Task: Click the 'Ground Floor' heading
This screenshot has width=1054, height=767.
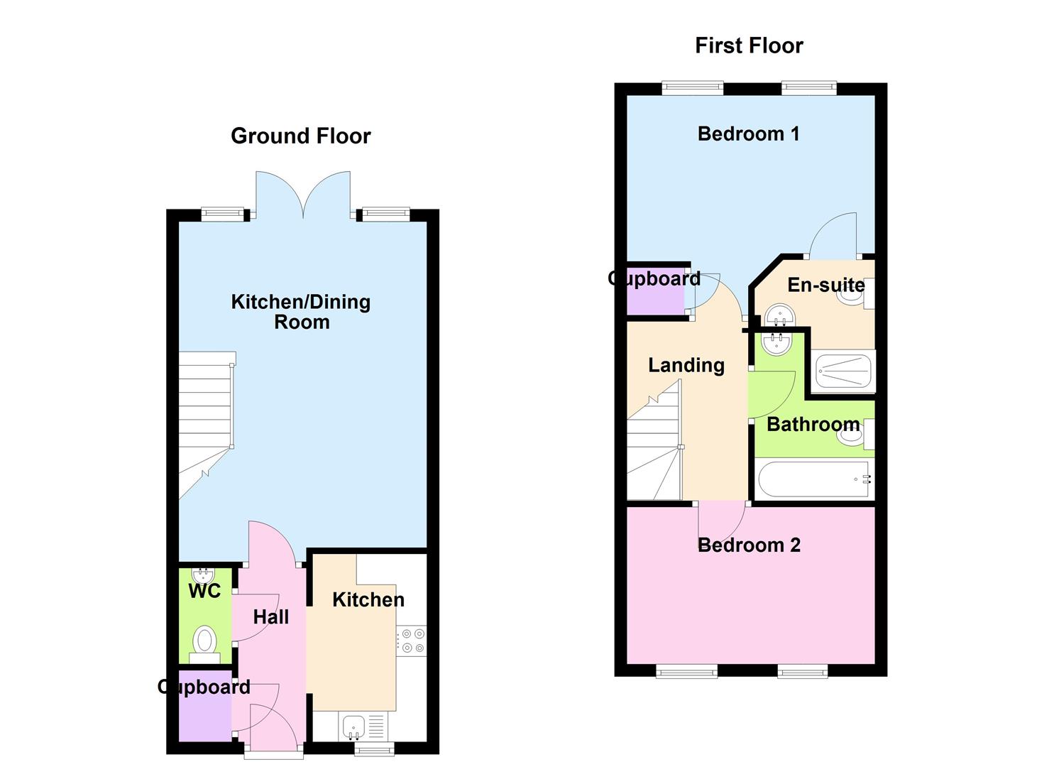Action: click(301, 136)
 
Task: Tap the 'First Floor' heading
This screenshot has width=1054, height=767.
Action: click(749, 45)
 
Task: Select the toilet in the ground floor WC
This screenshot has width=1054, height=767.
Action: click(204, 644)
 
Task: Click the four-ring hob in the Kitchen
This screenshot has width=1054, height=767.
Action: click(412, 641)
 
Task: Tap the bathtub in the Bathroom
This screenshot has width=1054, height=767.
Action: click(815, 480)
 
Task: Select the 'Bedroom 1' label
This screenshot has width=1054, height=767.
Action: click(748, 134)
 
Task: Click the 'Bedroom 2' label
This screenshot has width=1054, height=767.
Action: click(749, 545)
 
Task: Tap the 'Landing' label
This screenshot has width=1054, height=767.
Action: click(686, 366)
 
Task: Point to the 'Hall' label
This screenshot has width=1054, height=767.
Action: click(271, 617)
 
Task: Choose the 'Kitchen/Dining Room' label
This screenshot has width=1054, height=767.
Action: click(301, 312)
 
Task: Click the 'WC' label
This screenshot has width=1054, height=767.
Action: click(204, 591)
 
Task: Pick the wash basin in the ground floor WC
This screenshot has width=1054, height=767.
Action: click(204, 576)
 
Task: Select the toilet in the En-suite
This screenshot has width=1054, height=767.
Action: click(856, 293)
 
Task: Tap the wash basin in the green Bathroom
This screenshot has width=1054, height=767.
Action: click(779, 344)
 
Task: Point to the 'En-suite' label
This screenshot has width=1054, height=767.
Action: click(826, 285)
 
